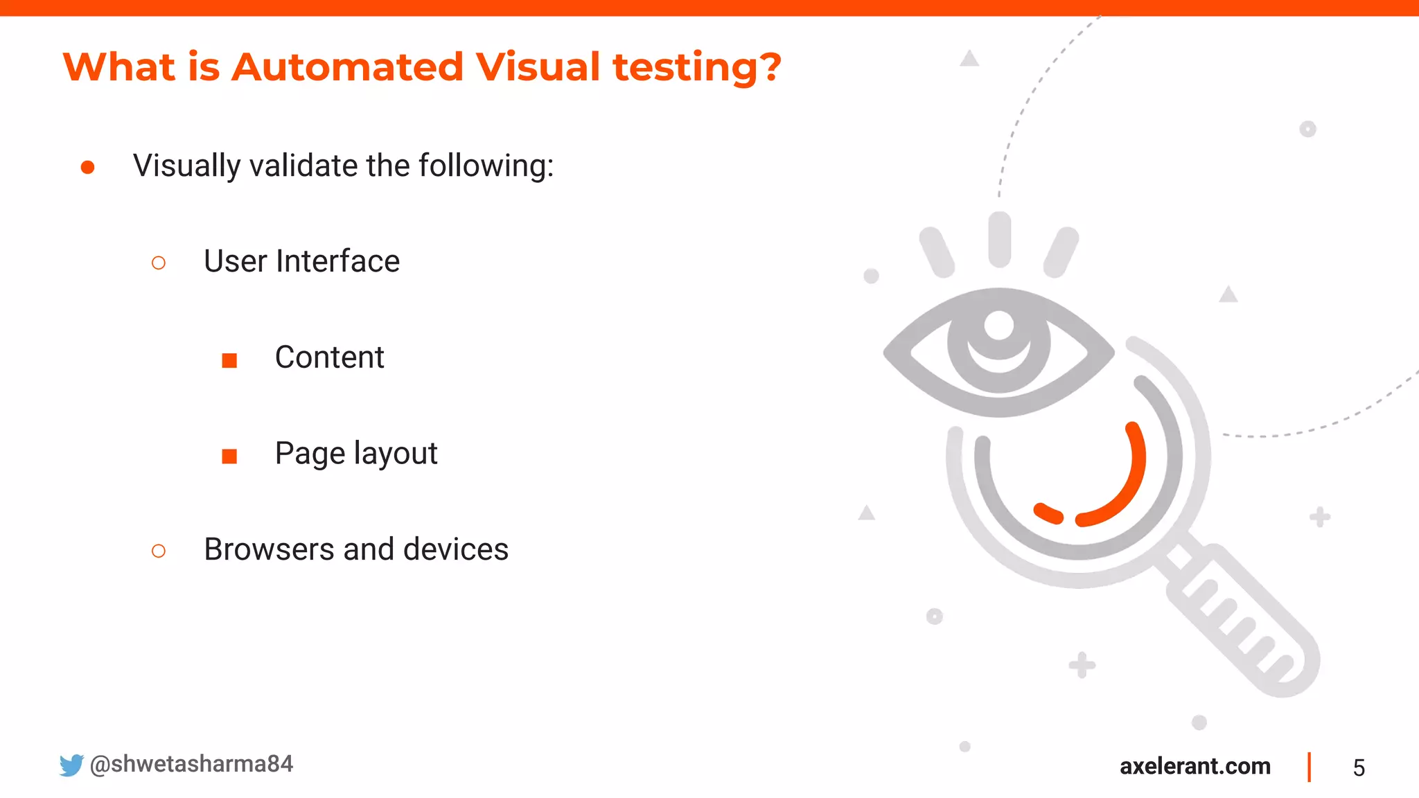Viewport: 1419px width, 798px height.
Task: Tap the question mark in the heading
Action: (x=768, y=67)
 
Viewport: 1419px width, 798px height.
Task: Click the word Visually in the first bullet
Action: (x=186, y=166)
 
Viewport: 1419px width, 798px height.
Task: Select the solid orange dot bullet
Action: (x=87, y=167)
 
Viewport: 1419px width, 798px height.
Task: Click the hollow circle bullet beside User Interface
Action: (x=159, y=263)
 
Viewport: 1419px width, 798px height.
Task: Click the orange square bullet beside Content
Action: (x=229, y=360)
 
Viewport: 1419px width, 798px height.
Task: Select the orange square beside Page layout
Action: (x=229, y=456)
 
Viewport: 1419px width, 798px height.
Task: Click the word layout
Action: (x=396, y=454)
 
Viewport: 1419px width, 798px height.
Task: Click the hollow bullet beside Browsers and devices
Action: (x=159, y=551)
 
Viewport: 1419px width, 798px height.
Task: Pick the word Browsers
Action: (x=269, y=549)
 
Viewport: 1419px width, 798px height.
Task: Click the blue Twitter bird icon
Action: (x=71, y=765)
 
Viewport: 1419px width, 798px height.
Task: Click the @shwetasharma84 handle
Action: (x=191, y=764)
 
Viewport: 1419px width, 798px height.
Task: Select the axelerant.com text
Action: (x=1195, y=766)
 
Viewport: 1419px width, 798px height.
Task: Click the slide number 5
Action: (x=1359, y=768)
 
